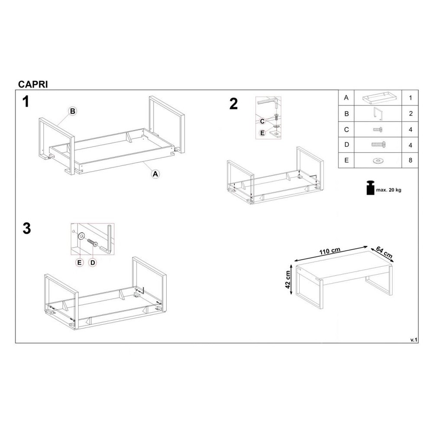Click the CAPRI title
pyautogui.click(x=33, y=84)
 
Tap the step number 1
pyautogui.click(x=26, y=102)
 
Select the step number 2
pyautogui.click(x=234, y=104)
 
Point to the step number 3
pyautogui.click(x=27, y=229)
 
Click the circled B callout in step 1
pyautogui.click(x=72, y=111)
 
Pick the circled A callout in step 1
pyautogui.click(x=155, y=174)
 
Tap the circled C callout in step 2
pyautogui.click(x=262, y=121)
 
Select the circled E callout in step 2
pyautogui.click(x=262, y=133)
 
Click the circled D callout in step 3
pyautogui.click(x=93, y=263)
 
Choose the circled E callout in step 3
pyautogui.click(x=80, y=263)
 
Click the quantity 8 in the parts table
pyautogui.click(x=410, y=161)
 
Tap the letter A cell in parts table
pyautogui.click(x=346, y=97)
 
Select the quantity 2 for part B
pyautogui.click(x=410, y=113)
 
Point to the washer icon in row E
pyautogui.click(x=378, y=161)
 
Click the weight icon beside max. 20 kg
pyautogui.click(x=370, y=188)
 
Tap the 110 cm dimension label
pyautogui.click(x=330, y=251)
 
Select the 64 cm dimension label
pyautogui.click(x=384, y=252)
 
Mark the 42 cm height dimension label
pyautogui.click(x=288, y=279)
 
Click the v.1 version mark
pyautogui.click(x=414, y=340)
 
